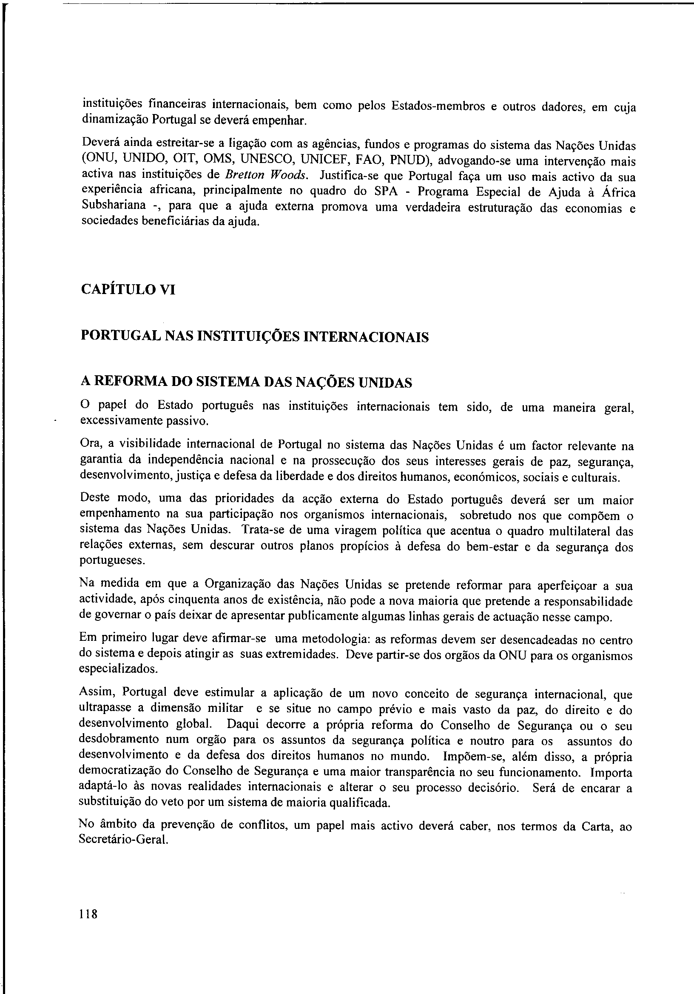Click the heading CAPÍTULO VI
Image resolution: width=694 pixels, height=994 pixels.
(x=128, y=289)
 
